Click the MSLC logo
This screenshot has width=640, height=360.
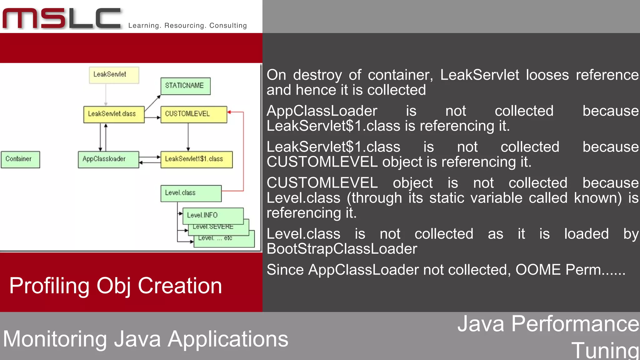[x=62, y=19]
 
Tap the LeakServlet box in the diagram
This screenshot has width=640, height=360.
[x=114, y=75]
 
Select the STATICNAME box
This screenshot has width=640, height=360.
[x=185, y=86]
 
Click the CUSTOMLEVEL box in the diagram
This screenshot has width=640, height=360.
[x=194, y=114]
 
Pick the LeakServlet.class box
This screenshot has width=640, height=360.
[x=114, y=114]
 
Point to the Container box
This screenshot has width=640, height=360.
[x=20, y=159]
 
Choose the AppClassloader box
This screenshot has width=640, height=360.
[x=108, y=159]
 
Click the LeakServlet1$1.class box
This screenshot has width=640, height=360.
[x=197, y=159]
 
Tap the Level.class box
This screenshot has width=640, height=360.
[x=191, y=193]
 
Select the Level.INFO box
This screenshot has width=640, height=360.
[x=213, y=216]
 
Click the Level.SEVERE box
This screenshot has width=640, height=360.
[x=219, y=228]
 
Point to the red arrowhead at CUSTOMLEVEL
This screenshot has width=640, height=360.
[x=229, y=112]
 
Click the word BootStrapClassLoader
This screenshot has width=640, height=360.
[x=342, y=249]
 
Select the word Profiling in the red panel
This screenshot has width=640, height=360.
[x=49, y=286]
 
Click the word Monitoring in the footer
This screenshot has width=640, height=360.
[x=55, y=339]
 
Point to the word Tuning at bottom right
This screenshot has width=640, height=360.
[x=605, y=350]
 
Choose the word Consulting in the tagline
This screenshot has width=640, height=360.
[x=228, y=26]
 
